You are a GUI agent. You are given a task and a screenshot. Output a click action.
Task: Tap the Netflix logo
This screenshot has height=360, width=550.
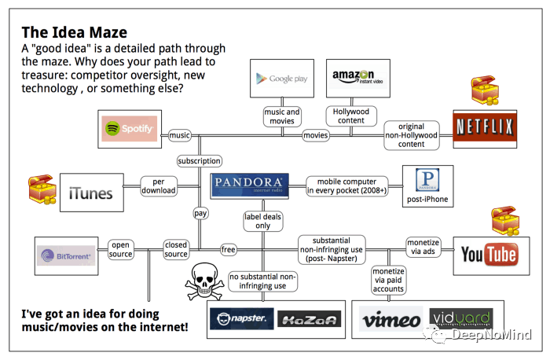484,126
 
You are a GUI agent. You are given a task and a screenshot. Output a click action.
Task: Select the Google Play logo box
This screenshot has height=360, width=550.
277,79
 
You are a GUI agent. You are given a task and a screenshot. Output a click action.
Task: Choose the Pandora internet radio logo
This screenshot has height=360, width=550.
250,186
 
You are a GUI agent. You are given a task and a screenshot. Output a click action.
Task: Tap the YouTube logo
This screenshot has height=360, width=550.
489,254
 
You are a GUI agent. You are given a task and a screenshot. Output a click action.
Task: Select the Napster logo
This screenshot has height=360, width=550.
241,319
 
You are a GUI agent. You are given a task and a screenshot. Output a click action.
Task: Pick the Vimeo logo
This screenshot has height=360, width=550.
391,320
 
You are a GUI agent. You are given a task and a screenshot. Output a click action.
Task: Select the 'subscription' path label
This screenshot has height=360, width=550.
199,160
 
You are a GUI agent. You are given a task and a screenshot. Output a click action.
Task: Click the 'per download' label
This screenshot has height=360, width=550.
159,186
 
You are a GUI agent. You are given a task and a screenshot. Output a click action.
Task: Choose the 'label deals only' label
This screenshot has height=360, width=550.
262,221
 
